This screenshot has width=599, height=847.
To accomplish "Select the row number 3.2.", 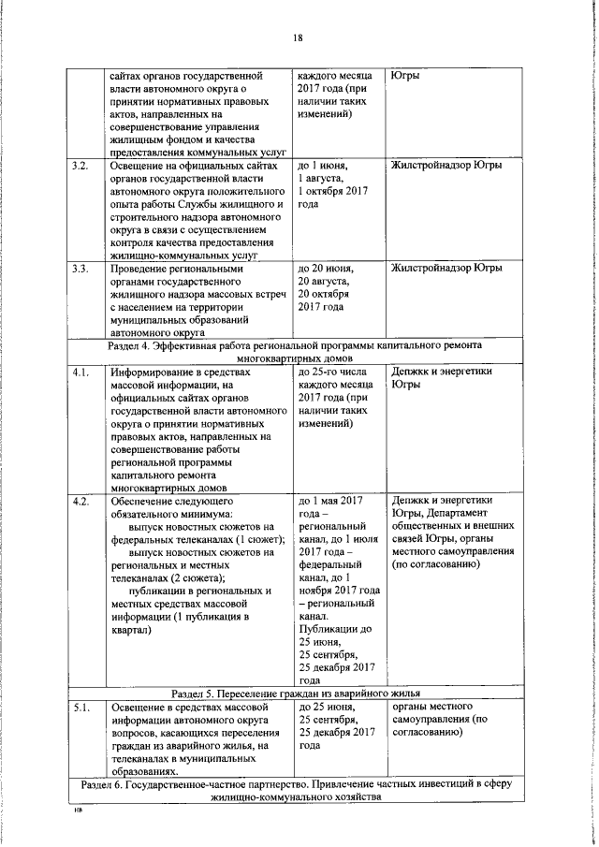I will tap(80, 166).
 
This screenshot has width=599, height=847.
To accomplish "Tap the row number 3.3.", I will tap(80, 269).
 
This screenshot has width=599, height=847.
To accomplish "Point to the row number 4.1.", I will tap(80, 372).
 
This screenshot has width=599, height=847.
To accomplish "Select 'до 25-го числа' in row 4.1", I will tap(334, 372).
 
